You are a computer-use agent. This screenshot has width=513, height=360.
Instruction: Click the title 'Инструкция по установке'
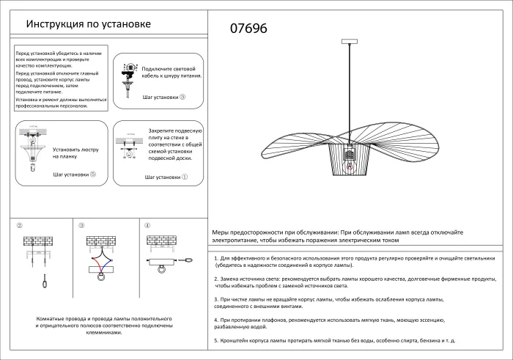(88, 24)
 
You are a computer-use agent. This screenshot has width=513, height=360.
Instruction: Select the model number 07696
(249, 29)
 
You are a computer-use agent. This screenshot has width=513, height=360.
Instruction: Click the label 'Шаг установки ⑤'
(74, 175)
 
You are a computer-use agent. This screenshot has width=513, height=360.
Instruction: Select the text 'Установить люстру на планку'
(73, 153)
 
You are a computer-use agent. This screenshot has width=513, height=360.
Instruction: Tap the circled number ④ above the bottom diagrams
(147, 226)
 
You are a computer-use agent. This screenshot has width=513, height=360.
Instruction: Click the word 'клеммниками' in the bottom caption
(103, 332)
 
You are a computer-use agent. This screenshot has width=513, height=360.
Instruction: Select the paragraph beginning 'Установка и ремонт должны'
(61, 103)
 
